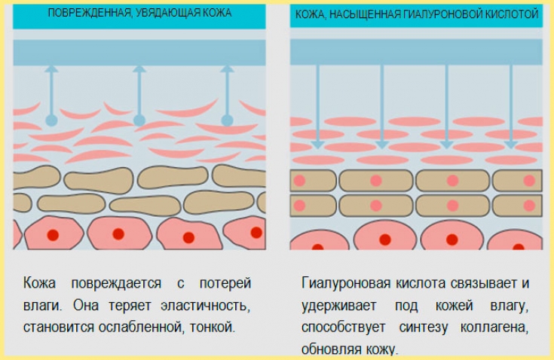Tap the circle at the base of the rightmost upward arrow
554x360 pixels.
point(227,121)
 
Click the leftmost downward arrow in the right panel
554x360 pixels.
point(317,105)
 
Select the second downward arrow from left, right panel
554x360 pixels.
point(382,105)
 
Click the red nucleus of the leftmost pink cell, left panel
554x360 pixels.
point(53,235)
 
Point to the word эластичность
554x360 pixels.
point(204,307)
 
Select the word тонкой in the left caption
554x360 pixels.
point(215,328)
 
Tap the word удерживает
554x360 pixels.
point(337,307)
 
